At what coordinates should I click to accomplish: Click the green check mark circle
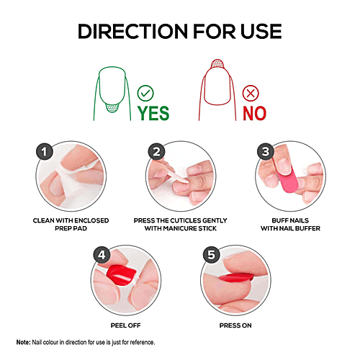point(146,92)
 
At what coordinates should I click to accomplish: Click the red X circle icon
point(251,92)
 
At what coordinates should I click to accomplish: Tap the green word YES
point(154,113)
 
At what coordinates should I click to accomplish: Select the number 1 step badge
point(45,151)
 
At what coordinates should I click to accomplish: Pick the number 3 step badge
point(265,151)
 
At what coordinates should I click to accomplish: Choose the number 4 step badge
point(101,253)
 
